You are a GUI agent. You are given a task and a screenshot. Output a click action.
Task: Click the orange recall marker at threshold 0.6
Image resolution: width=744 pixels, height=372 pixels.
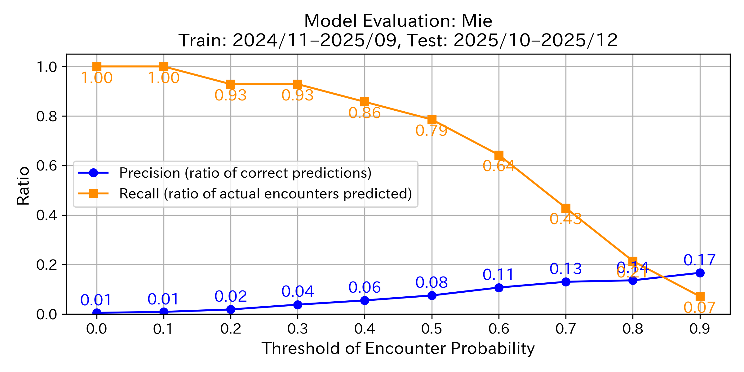point(499,155)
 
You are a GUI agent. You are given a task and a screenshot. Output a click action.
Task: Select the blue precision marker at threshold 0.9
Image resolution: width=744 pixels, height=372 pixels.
point(700,273)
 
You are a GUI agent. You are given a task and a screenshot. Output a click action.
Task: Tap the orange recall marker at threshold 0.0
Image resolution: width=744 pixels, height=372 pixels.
point(97,66)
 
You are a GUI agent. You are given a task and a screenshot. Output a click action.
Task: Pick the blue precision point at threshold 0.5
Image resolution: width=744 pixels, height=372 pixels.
point(432,295)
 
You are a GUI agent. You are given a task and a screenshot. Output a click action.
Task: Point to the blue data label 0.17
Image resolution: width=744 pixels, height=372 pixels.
point(699,260)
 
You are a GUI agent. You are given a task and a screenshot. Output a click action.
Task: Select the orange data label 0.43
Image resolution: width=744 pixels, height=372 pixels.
point(565,219)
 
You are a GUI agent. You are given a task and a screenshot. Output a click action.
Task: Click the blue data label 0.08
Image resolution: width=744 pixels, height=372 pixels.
point(432,282)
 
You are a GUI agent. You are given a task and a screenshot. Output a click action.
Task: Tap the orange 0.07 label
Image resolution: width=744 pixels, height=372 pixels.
point(699,308)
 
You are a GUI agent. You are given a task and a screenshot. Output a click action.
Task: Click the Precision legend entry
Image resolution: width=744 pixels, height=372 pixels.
point(245,173)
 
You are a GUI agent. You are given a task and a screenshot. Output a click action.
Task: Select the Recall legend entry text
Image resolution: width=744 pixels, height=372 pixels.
point(265,194)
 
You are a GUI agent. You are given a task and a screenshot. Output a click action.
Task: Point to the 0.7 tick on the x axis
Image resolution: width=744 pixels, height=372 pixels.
point(565,329)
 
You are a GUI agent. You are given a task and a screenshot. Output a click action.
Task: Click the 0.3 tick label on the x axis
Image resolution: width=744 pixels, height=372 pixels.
point(297,329)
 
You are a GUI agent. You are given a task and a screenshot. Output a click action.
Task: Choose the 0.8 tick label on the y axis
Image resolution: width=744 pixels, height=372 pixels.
point(46,116)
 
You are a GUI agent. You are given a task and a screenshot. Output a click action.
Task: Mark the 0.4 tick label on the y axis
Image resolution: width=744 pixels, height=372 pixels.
point(46,215)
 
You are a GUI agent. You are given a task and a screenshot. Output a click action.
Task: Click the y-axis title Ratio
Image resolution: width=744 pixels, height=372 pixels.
point(23,186)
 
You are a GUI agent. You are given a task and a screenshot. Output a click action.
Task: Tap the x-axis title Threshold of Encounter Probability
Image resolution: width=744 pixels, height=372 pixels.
point(398,348)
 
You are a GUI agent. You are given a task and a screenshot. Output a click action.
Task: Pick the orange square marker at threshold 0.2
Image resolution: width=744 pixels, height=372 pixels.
point(231,84)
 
